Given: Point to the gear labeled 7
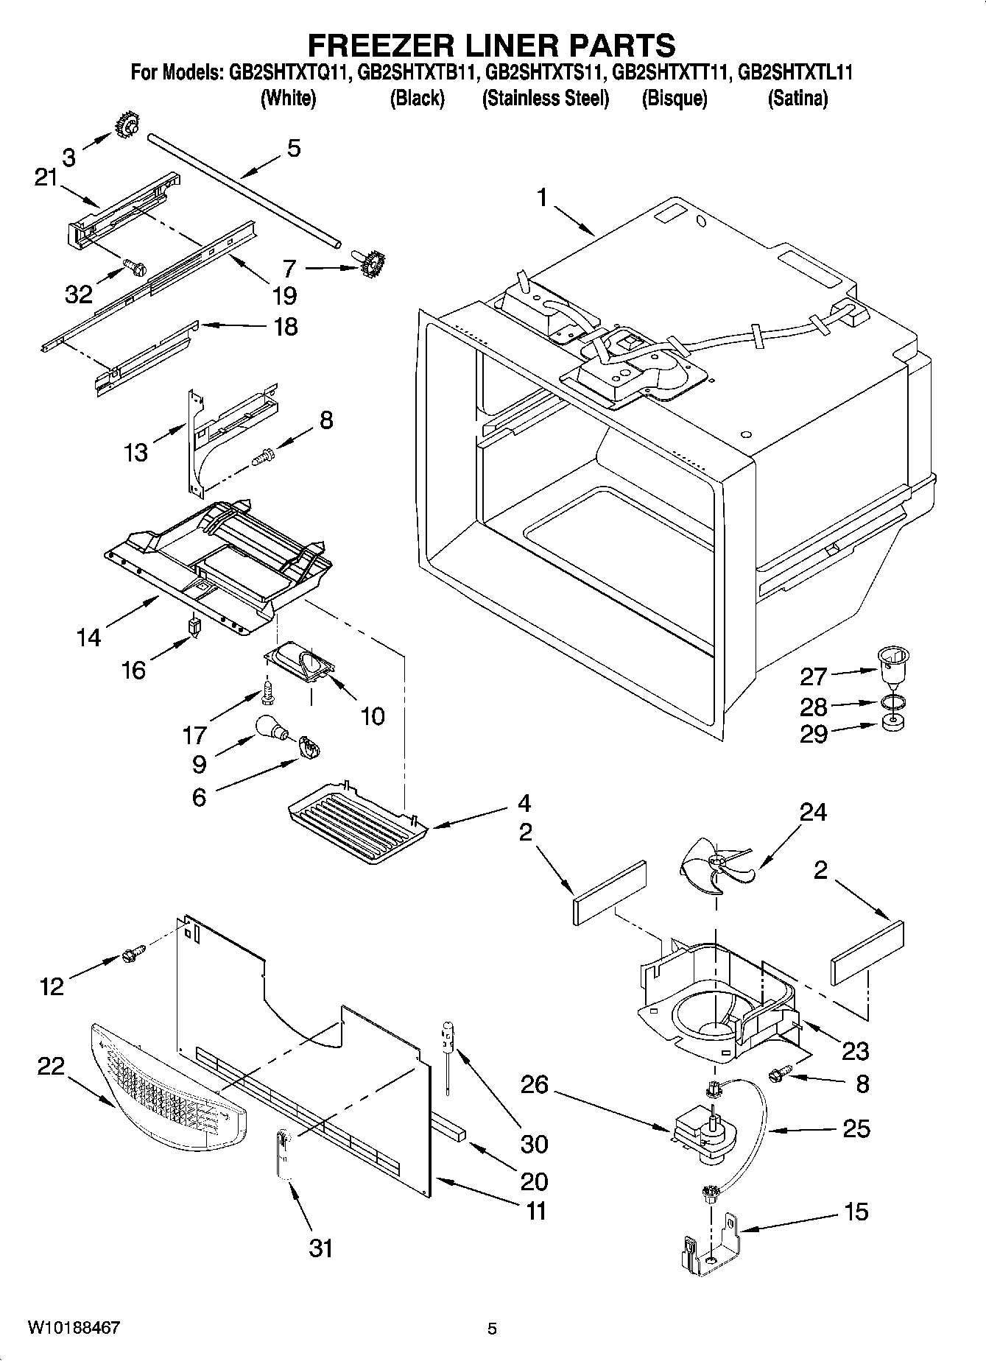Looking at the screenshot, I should (375, 261).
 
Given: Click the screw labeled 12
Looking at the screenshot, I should (133, 955).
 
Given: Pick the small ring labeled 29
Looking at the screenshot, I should (894, 725).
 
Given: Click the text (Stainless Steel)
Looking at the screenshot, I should (545, 99).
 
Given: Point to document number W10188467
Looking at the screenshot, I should (74, 1328).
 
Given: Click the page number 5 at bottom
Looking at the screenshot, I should (492, 1329).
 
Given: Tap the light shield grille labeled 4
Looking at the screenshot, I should (357, 823).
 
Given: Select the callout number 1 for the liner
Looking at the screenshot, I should (542, 197).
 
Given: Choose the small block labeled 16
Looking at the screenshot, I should (195, 627).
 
